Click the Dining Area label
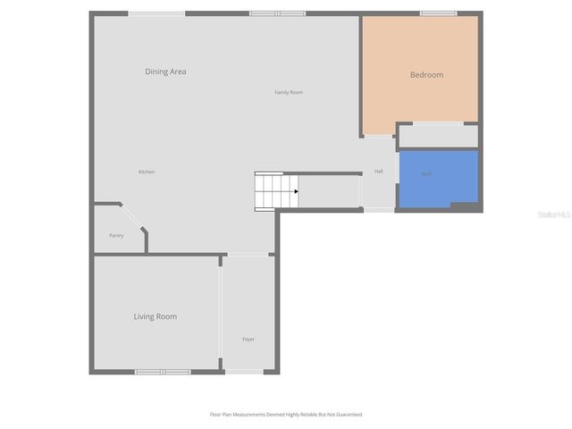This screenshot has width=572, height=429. (165, 71)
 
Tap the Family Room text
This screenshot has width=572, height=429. (289, 92)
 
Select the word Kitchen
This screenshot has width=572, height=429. (147, 172)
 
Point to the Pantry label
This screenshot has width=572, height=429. (116, 235)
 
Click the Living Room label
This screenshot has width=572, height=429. (156, 316)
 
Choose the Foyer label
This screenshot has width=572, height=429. (248, 339)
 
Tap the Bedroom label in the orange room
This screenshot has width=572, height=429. (426, 75)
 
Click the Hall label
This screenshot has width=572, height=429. (379, 172)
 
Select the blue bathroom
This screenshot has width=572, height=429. (438, 179)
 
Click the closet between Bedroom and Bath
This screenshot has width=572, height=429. (438, 136)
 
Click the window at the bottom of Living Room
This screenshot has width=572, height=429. (162, 371)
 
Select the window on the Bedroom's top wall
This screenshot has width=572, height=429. (438, 13)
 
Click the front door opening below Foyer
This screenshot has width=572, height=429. (244, 371)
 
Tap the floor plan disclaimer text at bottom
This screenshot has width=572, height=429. (286, 415)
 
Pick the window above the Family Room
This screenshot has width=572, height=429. (277, 13)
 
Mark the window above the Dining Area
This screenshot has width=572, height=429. (156, 13)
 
